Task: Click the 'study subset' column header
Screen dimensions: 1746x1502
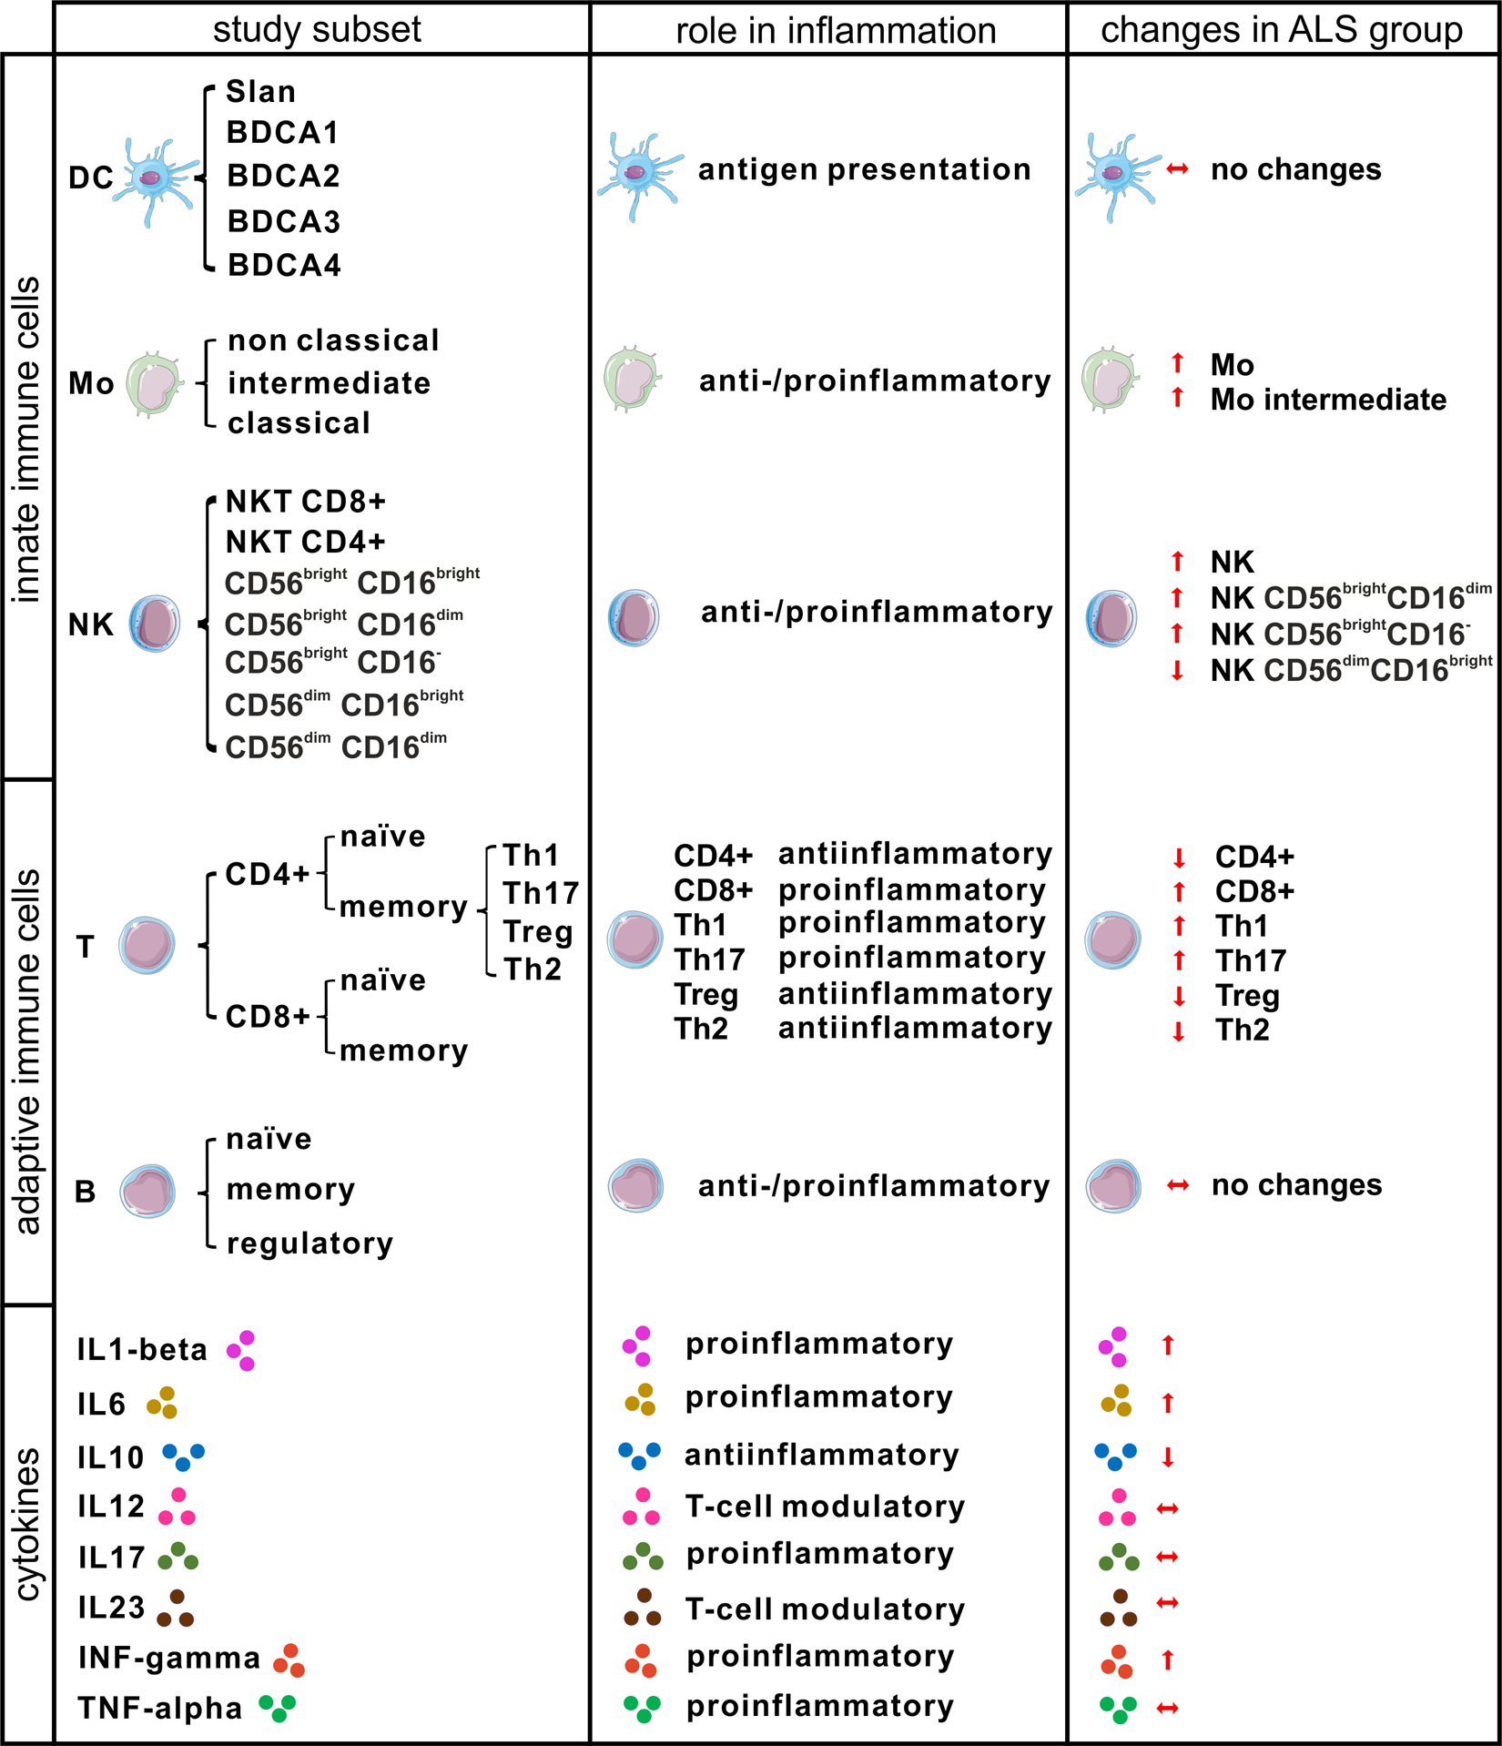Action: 317,29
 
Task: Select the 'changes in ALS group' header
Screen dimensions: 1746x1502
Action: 1281,29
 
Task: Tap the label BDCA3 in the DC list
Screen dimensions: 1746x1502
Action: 284,221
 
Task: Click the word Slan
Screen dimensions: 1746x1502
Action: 260,92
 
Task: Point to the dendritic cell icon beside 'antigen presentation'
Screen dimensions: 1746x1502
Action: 638,174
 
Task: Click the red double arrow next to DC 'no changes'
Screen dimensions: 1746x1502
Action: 1177,169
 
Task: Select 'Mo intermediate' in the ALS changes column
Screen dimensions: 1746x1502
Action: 1327,400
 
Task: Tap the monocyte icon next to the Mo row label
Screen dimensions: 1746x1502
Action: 154,384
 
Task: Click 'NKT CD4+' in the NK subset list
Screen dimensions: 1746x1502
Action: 306,543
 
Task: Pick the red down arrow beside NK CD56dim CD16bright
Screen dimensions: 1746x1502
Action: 1177,672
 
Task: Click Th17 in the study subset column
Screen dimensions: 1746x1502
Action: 541,893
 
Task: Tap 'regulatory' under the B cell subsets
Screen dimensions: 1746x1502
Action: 310,1243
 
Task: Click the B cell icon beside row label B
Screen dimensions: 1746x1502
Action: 147,1191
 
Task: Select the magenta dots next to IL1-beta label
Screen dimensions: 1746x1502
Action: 242,1350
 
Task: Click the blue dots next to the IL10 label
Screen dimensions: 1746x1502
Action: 183,1457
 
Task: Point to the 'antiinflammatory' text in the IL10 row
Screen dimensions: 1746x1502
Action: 821,1455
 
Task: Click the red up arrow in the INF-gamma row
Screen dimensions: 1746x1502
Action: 1168,1660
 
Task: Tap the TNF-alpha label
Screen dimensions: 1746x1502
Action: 160,1709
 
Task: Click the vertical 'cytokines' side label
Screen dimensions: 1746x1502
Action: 28,1524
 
